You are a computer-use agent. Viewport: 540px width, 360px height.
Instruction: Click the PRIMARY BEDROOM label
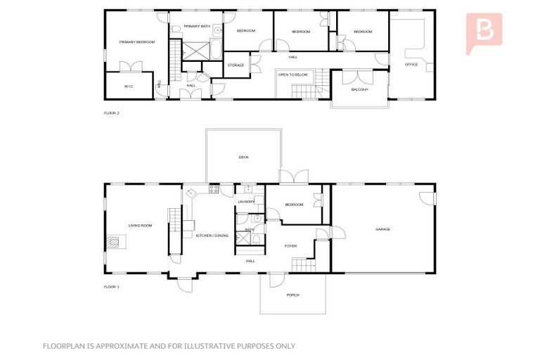[136, 42]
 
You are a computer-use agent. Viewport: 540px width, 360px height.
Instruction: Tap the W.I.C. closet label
[129, 86]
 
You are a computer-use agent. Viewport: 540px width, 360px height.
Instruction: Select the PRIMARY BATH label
[197, 26]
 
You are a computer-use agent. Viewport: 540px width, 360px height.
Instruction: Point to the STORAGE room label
[236, 65]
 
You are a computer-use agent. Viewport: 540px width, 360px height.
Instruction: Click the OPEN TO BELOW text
[292, 74]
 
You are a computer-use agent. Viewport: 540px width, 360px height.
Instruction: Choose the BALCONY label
[359, 89]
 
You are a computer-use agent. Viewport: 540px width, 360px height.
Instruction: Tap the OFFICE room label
[411, 64]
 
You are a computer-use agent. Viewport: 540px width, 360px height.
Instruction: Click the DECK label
[243, 157]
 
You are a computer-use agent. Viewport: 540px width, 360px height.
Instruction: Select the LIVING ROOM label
[141, 226]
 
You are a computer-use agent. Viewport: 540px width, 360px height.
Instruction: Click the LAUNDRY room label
[246, 202]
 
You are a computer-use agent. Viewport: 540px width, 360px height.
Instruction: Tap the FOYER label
[290, 246]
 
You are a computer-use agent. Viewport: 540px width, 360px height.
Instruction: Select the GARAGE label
[382, 229]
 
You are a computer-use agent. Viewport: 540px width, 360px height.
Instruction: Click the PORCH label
[292, 295]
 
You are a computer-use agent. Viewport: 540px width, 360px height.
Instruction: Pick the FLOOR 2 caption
[112, 112]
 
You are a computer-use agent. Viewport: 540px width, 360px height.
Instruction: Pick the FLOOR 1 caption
[112, 287]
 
